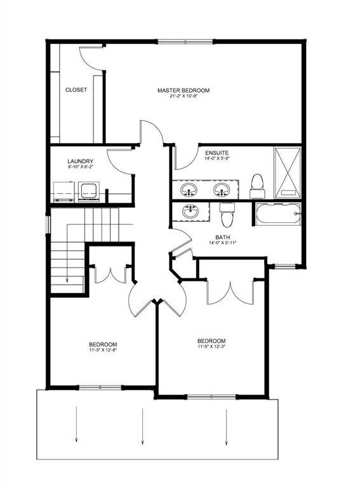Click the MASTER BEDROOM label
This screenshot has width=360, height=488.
coord(183,90)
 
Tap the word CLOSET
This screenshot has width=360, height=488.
coord(76,90)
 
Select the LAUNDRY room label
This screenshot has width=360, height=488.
coord(81,161)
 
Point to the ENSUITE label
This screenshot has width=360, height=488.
coord(217,152)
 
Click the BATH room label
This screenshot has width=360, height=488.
coord(222,236)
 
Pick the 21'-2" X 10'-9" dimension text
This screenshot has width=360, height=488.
coord(183,97)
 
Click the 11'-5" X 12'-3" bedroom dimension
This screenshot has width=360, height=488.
coord(211,347)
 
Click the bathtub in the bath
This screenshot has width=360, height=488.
coord(277,215)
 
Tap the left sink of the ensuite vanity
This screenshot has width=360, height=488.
coord(188,189)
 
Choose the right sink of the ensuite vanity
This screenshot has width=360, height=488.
coord(221,189)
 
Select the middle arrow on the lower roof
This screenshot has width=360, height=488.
coord(142,426)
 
